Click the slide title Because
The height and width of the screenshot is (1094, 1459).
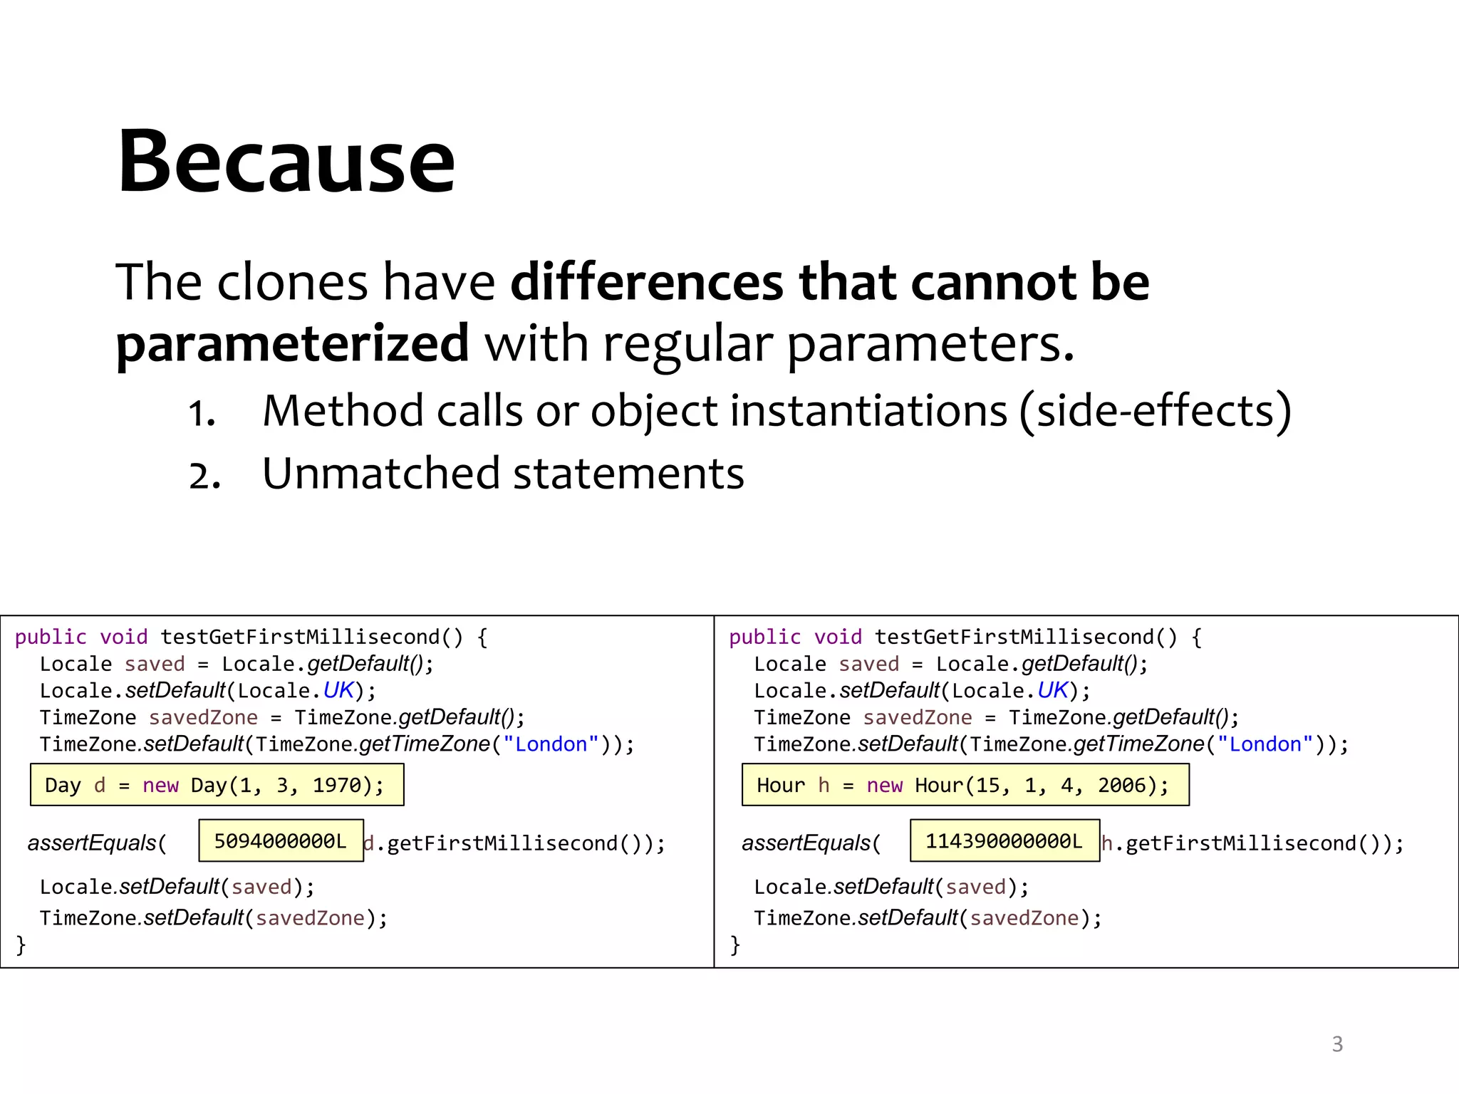[286, 162]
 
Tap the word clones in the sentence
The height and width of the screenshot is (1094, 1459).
[291, 283]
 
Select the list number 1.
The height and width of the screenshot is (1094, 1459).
[202, 414]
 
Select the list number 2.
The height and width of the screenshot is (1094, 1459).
[204, 476]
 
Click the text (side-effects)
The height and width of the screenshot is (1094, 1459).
[1155, 412]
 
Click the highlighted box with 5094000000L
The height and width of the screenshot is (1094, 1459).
[281, 841]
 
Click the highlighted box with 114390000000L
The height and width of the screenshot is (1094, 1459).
[1004, 841]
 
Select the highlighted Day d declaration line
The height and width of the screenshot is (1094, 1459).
[217, 785]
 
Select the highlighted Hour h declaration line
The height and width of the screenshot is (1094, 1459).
[965, 785]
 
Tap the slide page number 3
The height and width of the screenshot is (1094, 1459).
[1337, 1044]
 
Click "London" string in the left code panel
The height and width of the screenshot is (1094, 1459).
[551, 744]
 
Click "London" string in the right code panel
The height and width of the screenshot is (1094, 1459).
[1265, 744]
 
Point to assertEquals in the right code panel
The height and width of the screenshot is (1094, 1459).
[806, 843]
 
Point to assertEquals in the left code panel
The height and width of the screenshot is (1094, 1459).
[91, 843]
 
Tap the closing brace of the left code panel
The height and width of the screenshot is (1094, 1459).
[21, 944]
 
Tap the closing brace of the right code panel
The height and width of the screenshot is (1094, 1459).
[735, 944]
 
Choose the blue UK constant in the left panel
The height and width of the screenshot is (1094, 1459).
[338, 690]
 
